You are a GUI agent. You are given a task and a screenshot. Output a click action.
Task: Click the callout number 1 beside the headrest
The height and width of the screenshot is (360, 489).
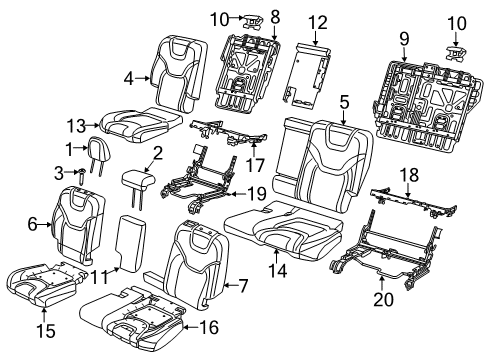(69, 148)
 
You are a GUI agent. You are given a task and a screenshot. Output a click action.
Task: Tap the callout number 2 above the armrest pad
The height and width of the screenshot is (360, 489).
(156, 152)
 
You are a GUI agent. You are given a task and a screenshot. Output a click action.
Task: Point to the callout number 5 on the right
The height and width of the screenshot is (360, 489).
(344, 100)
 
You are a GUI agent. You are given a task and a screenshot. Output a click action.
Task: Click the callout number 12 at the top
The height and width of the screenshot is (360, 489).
(317, 22)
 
